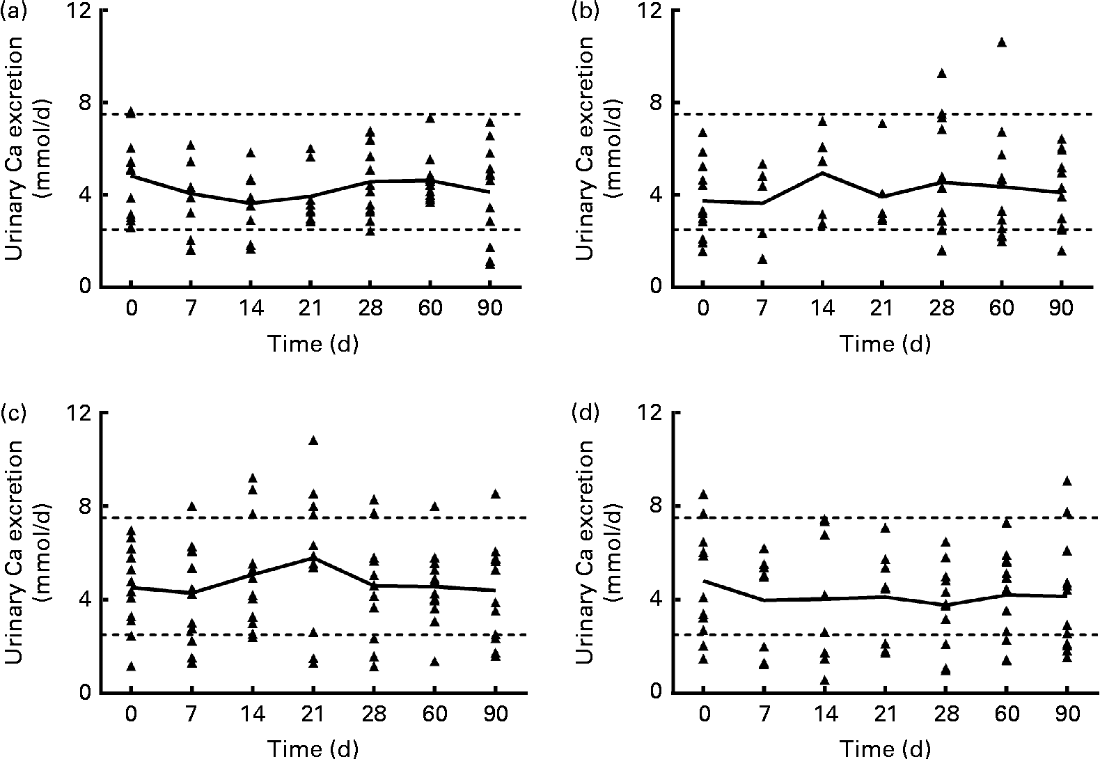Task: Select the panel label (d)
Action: coord(583,414)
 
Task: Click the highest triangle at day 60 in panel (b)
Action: coord(1001,42)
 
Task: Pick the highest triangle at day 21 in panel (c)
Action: coord(313,440)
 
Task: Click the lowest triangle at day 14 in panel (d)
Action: coord(824,680)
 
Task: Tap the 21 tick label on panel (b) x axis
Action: coord(882,308)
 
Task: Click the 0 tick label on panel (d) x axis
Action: coord(703,714)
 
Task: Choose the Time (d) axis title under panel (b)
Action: coord(884,343)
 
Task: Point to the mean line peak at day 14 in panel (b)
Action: coord(822,172)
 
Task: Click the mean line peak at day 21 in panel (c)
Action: coord(313,557)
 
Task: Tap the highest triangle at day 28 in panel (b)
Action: coord(941,73)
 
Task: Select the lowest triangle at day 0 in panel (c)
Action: coord(131,666)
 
